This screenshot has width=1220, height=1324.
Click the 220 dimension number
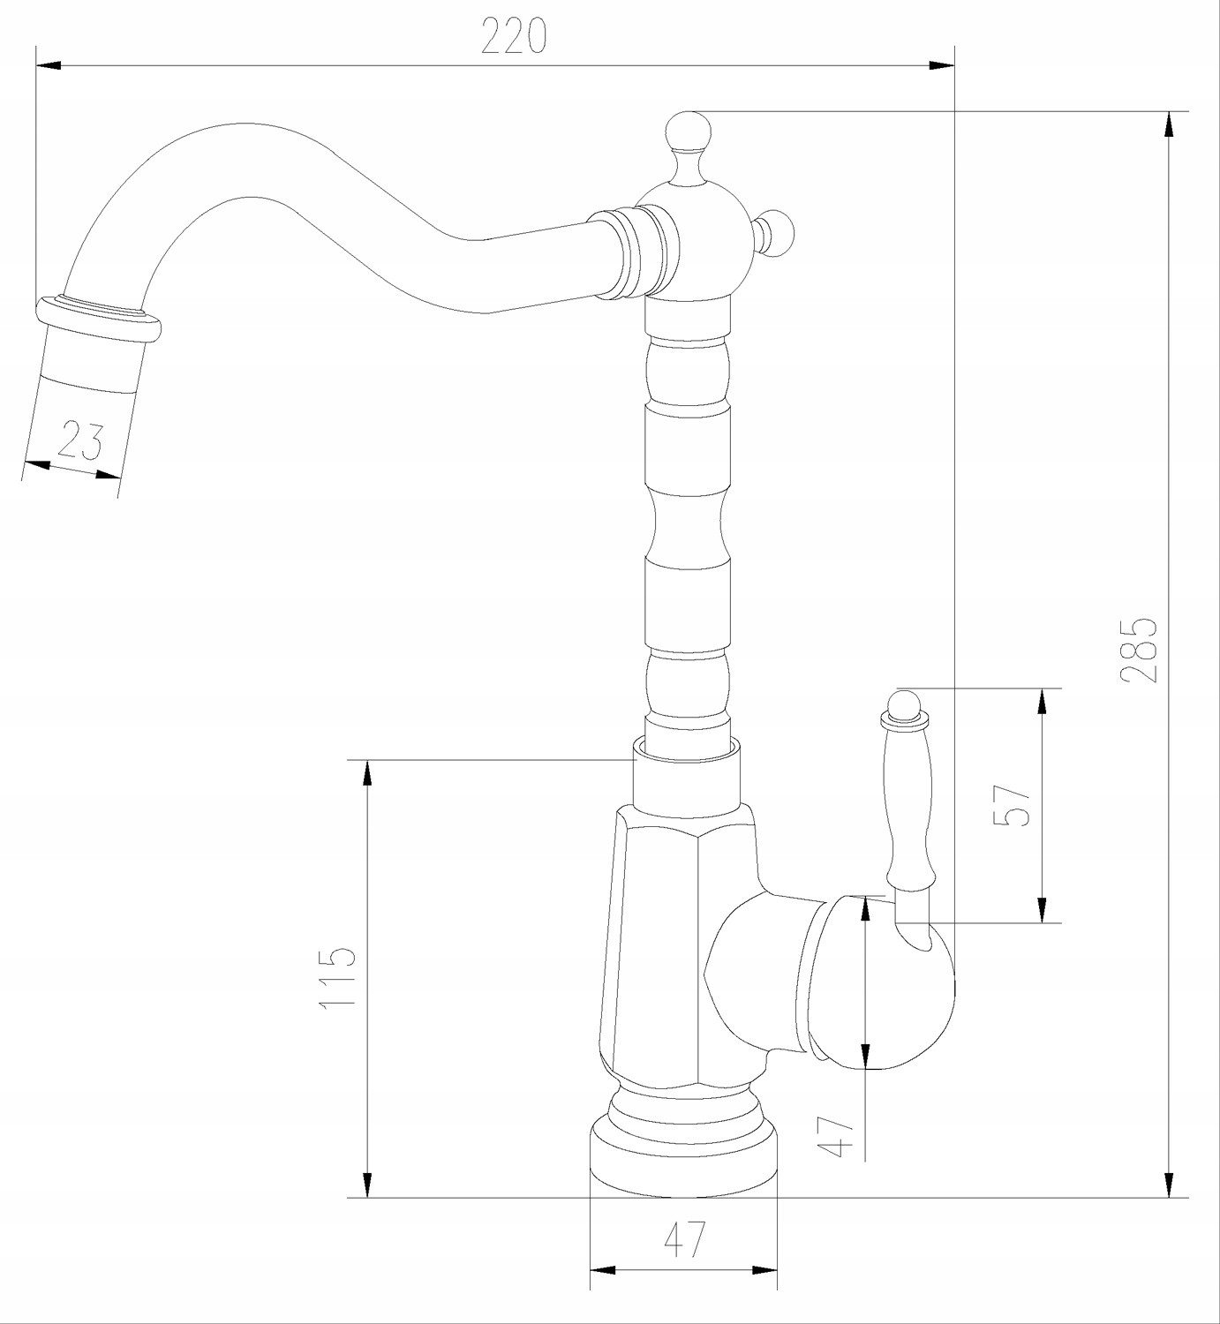click(x=514, y=35)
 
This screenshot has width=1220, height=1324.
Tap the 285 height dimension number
click(x=1139, y=651)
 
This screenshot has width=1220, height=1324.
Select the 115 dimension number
click(x=337, y=977)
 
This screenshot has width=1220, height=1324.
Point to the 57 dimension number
click(x=1012, y=806)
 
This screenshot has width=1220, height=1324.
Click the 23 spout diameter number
click(x=79, y=440)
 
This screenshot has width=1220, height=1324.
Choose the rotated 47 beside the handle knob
click(x=837, y=1137)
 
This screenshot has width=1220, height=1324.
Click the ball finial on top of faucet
click(x=689, y=132)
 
